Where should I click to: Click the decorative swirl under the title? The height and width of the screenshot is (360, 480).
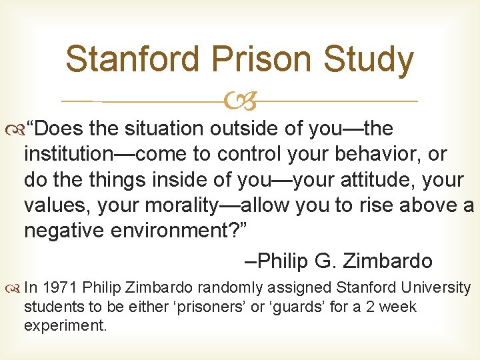tap(241, 102)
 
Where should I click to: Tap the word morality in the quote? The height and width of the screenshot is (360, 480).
tap(175, 205)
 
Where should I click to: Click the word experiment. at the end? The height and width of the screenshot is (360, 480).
tap(65, 327)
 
